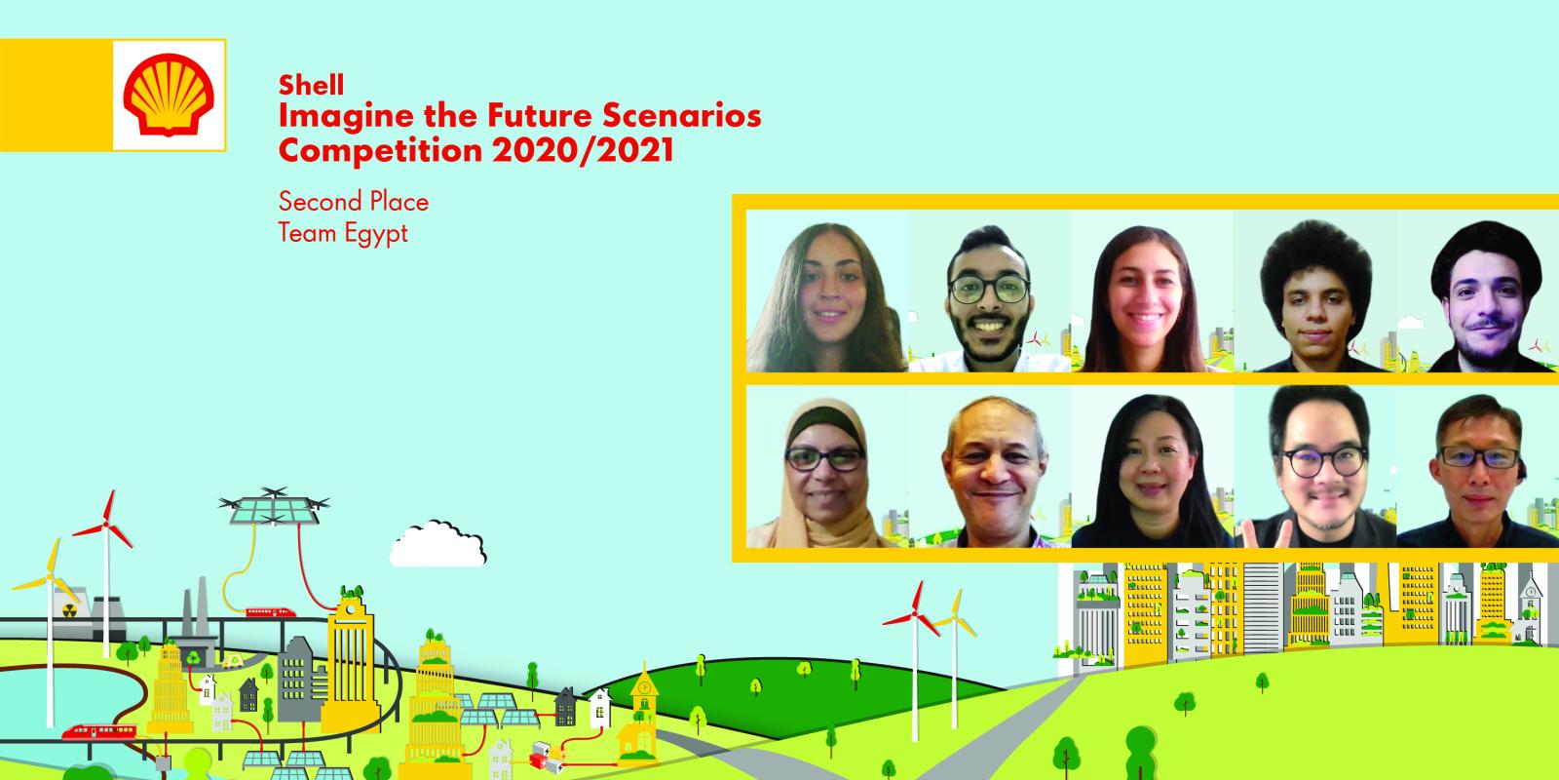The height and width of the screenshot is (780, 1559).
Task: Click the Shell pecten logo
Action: coord(170,95)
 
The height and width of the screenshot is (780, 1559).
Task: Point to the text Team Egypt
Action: coord(343,234)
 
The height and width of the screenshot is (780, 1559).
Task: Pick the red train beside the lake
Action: coord(98,731)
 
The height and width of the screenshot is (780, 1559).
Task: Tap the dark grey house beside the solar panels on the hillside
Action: coord(565,705)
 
